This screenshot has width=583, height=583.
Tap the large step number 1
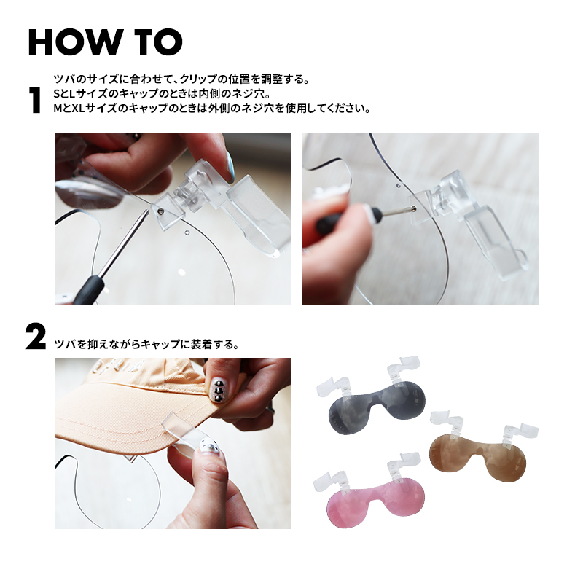click(x=35, y=101)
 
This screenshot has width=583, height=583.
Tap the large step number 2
click(x=36, y=337)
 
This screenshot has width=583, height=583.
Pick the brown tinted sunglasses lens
click(x=478, y=461)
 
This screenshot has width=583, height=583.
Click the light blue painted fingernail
click(x=231, y=166)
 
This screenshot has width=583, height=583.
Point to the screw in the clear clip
click(x=160, y=211)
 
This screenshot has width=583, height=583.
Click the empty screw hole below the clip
click(x=187, y=232)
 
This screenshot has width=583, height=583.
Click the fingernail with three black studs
click(x=217, y=391)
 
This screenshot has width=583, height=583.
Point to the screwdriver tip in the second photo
click(x=412, y=208)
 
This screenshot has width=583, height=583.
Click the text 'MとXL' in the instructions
click(x=69, y=108)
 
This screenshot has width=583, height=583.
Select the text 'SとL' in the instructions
click(x=64, y=93)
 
